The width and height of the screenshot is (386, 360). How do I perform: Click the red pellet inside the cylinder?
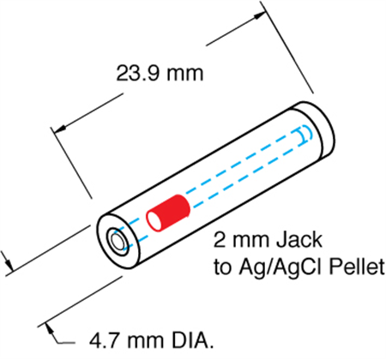(168, 213)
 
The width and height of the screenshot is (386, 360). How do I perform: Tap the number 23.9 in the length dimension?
(137, 73)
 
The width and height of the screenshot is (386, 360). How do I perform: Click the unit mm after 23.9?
(184, 74)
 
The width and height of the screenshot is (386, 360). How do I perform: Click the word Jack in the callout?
(299, 240)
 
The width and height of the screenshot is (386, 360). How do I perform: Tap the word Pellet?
(357, 267)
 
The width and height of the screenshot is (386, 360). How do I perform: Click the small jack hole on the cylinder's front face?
(118, 242)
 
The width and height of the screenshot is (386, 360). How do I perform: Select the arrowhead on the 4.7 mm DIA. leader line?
(51, 329)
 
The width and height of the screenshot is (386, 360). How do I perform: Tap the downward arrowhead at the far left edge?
(9, 264)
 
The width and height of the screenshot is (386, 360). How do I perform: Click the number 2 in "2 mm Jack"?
(220, 240)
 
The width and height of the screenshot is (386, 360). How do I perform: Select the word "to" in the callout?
(222, 268)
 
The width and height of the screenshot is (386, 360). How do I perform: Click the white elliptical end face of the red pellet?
(154, 221)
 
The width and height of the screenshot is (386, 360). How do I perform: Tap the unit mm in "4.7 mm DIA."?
(146, 341)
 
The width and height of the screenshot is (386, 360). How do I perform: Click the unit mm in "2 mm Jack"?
(250, 241)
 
